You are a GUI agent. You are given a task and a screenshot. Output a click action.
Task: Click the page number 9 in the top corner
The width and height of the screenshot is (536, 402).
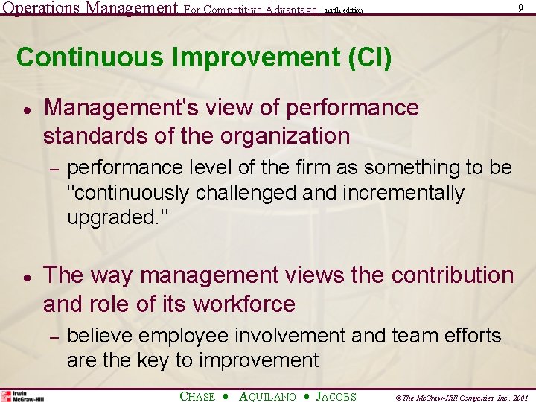click(520, 8)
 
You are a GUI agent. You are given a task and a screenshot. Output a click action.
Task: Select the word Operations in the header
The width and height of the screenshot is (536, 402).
click(42, 9)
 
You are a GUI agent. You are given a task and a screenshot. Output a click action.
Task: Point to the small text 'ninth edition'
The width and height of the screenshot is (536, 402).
click(343, 10)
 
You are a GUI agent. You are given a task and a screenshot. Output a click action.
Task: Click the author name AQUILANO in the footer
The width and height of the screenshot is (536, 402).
click(267, 397)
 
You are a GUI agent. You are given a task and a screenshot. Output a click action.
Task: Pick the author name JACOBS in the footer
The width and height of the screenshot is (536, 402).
click(336, 397)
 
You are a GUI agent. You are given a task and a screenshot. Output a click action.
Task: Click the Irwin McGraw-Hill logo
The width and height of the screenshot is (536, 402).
click(22, 395)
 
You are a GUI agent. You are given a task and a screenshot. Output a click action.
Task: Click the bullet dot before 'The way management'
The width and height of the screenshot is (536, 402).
click(26, 276)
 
